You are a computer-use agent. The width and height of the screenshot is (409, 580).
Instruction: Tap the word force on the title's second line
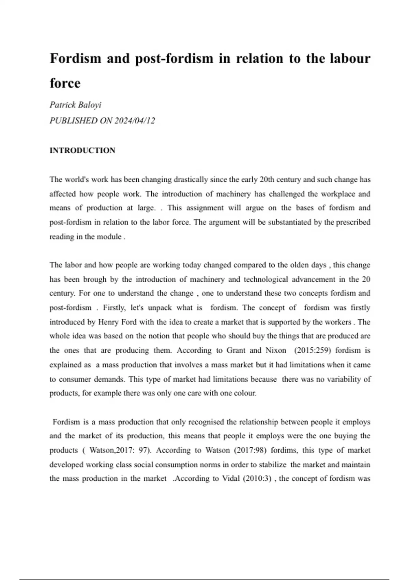tap(65, 83)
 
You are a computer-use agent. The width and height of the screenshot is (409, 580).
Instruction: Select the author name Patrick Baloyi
tap(75, 105)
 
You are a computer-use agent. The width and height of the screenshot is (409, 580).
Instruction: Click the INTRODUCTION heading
tap(82, 150)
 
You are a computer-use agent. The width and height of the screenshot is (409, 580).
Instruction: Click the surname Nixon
tap(276, 350)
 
